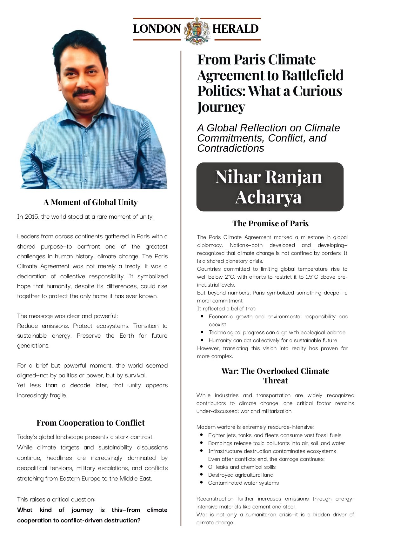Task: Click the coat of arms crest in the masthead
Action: (197, 30)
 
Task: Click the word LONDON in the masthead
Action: (157, 29)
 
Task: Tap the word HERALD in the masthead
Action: (235, 29)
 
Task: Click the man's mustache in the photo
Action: (84, 92)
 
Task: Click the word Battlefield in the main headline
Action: (312, 75)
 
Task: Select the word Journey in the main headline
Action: (221, 107)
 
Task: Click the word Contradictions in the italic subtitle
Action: (230, 148)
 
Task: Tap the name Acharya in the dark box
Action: (268, 197)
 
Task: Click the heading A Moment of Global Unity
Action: (90, 202)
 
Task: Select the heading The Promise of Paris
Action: (270, 223)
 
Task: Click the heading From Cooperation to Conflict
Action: (90, 423)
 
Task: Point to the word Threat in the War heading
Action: (275, 381)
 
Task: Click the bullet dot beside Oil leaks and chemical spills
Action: (201, 467)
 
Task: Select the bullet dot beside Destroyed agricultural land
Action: (201, 474)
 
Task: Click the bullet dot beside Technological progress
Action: (202, 332)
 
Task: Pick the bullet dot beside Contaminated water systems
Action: (201, 482)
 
